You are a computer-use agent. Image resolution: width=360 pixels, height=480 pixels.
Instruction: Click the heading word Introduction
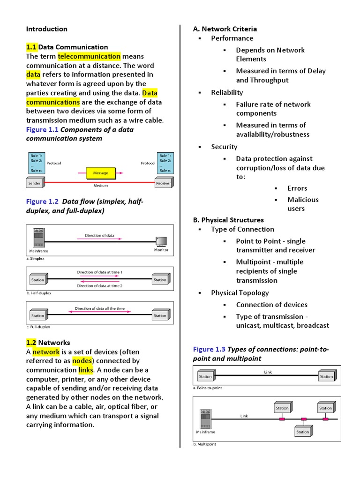[46, 29]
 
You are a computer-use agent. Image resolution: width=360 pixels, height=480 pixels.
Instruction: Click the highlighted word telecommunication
[89, 56]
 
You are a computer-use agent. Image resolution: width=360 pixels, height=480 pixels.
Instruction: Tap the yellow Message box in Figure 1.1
[100, 173]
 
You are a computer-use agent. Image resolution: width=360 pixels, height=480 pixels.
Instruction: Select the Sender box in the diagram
[35, 184]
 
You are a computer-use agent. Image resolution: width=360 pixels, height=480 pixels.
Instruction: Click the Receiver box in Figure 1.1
[163, 184]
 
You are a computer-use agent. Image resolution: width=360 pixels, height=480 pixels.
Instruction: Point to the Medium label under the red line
[100, 186]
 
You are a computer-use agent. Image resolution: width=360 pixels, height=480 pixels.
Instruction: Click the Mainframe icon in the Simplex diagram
[39, 237]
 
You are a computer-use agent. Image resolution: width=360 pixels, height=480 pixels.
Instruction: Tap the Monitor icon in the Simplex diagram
[161, 241]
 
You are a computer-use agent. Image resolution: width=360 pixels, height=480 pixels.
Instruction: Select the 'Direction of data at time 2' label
[99, 285]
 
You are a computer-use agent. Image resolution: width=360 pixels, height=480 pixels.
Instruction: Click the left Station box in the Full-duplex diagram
[37, 315]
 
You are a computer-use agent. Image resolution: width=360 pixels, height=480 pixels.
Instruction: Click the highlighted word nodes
[82, 361]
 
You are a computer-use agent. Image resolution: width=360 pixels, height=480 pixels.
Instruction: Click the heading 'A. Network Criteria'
[225, 29]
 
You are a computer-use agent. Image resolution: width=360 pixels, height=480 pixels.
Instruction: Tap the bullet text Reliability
[227, 92]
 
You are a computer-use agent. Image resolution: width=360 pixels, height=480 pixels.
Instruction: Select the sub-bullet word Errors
[297, 188]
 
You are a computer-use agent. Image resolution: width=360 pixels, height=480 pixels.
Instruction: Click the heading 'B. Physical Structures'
[228, 220]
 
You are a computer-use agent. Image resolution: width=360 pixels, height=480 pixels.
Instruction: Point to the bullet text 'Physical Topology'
[240, 293]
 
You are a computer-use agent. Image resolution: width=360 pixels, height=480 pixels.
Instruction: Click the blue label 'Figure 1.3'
[209, 349]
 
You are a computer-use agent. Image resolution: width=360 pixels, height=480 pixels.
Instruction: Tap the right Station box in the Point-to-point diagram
[326, 376]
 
